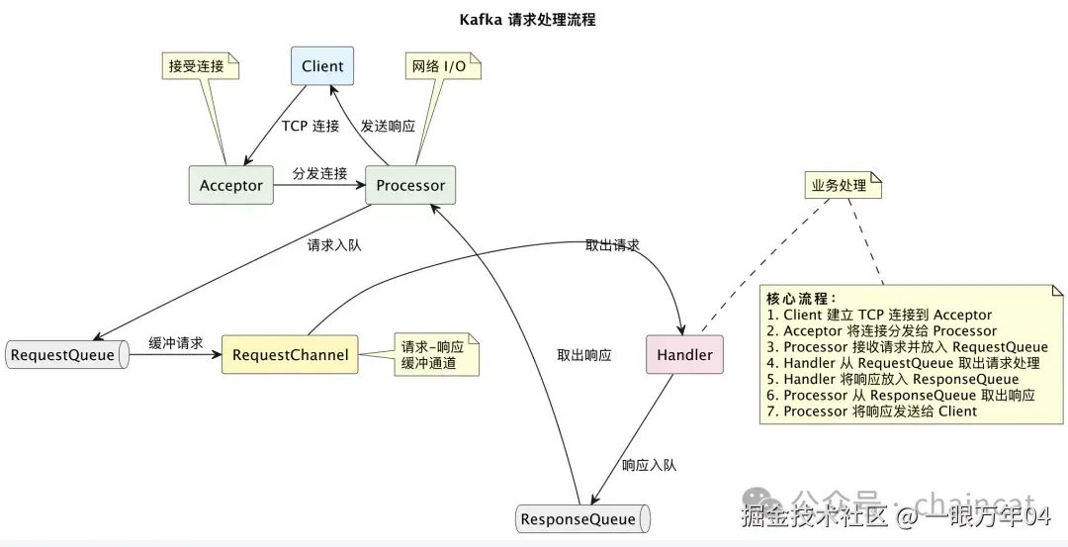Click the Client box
(x=322, y=66)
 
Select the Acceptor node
(x=230, y=185)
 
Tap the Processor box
(x=410, y=185)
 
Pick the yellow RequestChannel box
(x=290, y=354)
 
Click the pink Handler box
(x=684, y=354)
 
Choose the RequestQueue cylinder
(x=67, y=355)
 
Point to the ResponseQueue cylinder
(x=583, y=519)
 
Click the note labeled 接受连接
(x=200, y=66)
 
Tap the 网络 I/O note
(x=443, y=66)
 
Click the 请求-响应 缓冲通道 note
(x=437, y=354)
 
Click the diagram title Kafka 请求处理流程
(x=528, y=20)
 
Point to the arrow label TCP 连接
(x=311, y=126)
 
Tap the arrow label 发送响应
(x=388, y=126)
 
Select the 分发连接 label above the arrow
(x=320, y=173)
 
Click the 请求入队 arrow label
(x=334, y=245)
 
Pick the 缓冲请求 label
(x=176, y=342)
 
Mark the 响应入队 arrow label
(x=649, y=465)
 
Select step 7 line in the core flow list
(x=872, y=411)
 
